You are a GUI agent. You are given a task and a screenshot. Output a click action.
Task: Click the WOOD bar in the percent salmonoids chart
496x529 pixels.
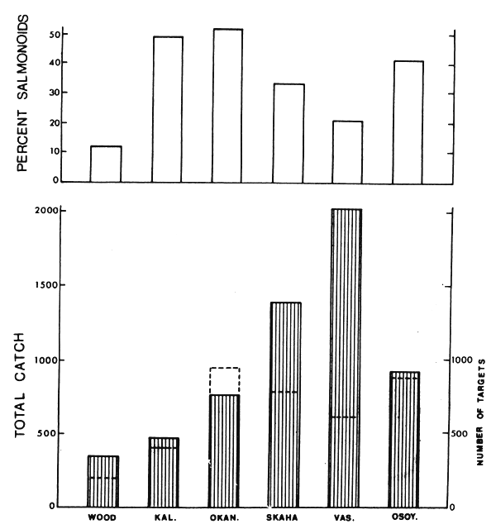(106, 164)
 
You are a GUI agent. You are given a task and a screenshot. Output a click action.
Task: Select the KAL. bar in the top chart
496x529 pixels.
(167, 108)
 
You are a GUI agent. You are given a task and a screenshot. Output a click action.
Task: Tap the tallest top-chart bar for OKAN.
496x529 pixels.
(227, 105)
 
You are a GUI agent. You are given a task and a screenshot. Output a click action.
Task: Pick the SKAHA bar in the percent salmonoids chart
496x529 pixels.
(289, 132)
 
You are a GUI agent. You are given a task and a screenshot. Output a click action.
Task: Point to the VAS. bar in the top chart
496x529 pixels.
(346, 151)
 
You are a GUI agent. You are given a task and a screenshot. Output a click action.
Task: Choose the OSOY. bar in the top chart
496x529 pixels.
(408, 121)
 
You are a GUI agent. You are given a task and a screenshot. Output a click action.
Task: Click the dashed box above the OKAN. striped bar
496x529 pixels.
(224, 381)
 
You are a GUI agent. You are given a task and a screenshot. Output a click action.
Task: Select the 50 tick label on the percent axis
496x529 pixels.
(54, 35)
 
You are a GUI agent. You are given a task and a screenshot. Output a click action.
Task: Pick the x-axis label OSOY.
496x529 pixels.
(404, 517)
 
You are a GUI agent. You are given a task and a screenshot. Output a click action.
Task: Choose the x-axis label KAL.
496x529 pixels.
(163, 517)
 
